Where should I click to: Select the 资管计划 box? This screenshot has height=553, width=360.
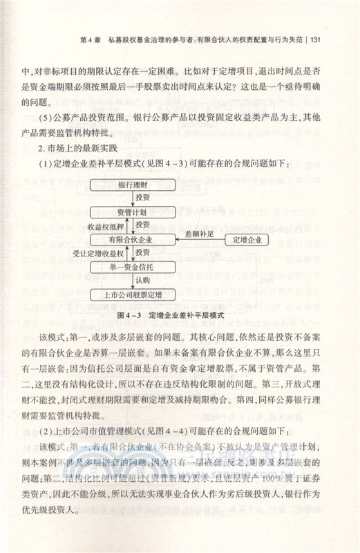[x=131, y=212]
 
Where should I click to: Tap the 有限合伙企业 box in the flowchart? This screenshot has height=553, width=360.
[x=131, y=239]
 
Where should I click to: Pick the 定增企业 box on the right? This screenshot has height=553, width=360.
[x=247, y=239]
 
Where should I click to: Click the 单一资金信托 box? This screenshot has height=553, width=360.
[x=131, y=266]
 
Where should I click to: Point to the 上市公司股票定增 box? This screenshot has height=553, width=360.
[x=131, y=295]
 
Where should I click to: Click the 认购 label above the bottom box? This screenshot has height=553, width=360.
[x=142, y=281]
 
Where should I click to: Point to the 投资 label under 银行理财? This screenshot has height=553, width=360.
[x=142, y=198]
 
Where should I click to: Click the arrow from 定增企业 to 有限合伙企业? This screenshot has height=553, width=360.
[x=198, y=240]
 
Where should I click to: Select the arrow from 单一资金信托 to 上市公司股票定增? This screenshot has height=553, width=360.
[x=131, y=281]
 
